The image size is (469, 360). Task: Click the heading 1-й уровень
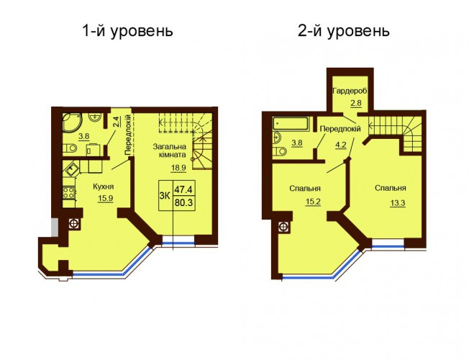coord(128,31)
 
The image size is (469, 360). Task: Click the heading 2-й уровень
coord(344,31)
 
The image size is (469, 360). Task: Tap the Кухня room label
coord(103,186)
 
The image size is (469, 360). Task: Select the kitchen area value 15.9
coord(105,199)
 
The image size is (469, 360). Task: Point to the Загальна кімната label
coord(169,150)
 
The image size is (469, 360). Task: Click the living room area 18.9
coord(178,168)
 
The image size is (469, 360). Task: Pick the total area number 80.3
coord(184,203)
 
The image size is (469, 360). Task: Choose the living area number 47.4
coord(184,189)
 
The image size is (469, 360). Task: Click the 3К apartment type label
coord(165,196)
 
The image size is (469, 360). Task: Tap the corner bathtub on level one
coord(72,122)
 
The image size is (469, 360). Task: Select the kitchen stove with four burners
coord(69,192)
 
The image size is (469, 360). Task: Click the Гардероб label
coord(350,91)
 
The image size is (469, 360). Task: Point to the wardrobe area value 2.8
coord(356,104)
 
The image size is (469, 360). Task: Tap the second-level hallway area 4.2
coord(341,145)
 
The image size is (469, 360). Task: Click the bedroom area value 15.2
coord(313,202)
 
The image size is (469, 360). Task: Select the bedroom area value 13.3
coord(398,203)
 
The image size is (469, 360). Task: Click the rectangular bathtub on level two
coord(291,124)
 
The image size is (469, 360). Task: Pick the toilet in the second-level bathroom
coord(280,151)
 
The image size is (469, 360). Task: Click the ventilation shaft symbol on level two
coord(283,227)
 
